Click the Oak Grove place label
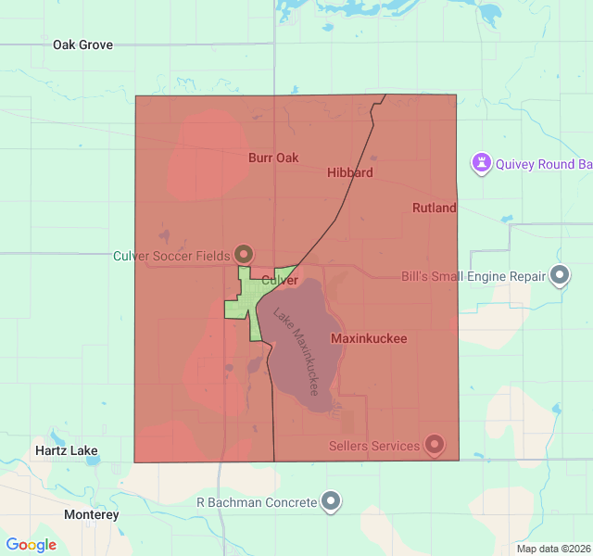82,44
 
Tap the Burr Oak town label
273,158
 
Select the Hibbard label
350,172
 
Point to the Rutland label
434,208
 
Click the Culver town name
279,280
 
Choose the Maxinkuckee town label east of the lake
368,338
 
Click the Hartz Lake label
66,450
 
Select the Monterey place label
92,513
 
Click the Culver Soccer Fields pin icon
244,253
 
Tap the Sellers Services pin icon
434,446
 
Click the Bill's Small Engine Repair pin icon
560,276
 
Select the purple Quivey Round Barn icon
482,164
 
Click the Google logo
31,545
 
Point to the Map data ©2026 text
552,549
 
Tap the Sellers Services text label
374,446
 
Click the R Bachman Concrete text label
257,502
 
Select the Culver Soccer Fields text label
171,255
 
